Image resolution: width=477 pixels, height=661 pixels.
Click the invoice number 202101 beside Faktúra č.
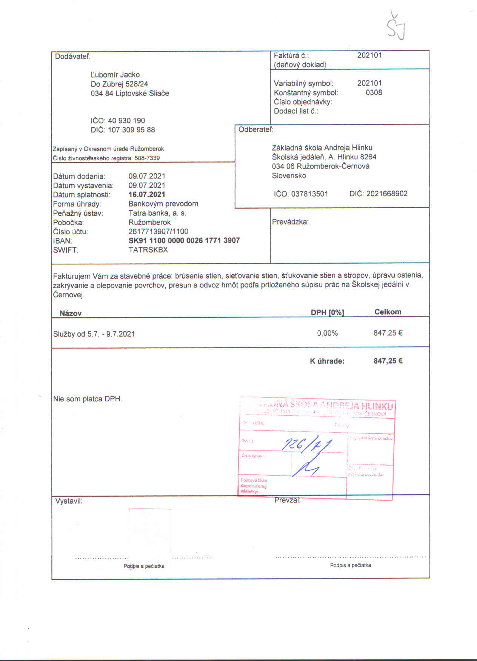click(x=369, y=55)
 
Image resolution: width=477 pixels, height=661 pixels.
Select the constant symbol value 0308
click(x=374, y=92)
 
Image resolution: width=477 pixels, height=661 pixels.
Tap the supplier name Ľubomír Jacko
click(x=115, y=75)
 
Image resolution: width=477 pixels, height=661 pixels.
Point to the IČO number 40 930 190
click(x=126, y=121)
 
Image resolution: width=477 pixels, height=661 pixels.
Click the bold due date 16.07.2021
click(x=147, y=195)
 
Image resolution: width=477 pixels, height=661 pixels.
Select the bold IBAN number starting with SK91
click(x=184, y=241)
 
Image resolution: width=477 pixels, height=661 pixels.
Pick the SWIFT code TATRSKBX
click(x=148, y=250)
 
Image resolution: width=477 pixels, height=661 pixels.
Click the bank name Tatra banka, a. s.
click(x=157, y=213)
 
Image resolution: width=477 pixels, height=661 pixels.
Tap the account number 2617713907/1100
click(x=158, y=231)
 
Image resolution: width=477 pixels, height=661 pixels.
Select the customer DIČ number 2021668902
click(x=387, y=194)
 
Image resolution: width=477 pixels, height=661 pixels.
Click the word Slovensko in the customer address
click(x=289, y=175)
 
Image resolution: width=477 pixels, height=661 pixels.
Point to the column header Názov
click(x=71, y=313)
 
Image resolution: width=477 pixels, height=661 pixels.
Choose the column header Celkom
click(x=388, y=312)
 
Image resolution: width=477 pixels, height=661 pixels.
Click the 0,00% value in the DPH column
click(x=327, y=333)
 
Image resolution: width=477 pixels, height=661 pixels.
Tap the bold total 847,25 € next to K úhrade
click(x=388, y=361)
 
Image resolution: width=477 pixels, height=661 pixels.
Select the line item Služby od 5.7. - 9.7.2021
click(x=94, y=334)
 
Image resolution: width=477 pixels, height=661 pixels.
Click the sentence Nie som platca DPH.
click(x=88, y=399)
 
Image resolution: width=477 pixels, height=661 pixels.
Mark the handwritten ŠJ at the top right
click(x=396, y=28)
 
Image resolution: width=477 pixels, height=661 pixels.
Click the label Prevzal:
click(x=287, y=500)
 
